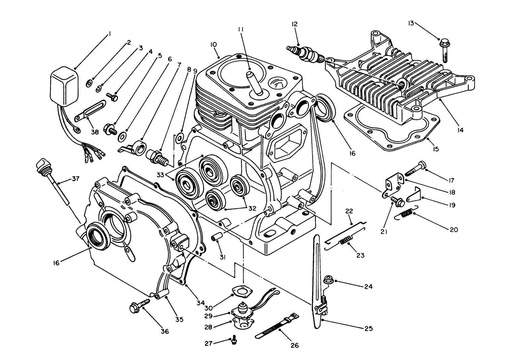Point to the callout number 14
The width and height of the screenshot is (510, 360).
[x=460, y=130]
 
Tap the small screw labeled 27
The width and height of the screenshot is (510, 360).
[x=233, y=341]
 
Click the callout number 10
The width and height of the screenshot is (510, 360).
[x=214, y=45]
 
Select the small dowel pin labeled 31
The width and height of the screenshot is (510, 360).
[x=216, y=237]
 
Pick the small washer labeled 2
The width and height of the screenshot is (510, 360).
[x=89, y=83]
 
